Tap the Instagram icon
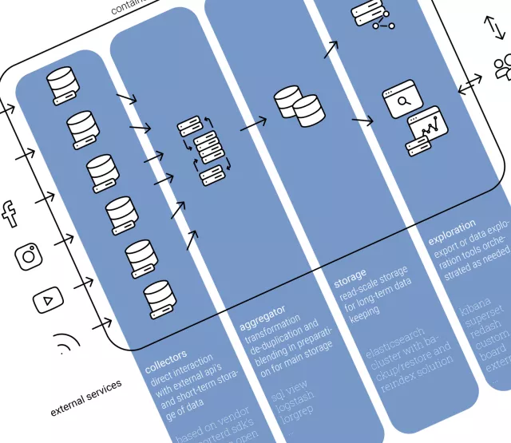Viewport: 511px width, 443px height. pyautogui.click(x=29, y=255)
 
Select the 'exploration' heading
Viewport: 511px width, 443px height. pyautogui.click(x=452, y=230)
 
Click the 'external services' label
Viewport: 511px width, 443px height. pyautogui.click(x=86, y=398)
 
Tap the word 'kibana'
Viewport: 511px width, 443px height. pyautogui.click(x=477, y=306)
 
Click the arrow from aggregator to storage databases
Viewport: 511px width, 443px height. pyautogui.click(x=253, y=122)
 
